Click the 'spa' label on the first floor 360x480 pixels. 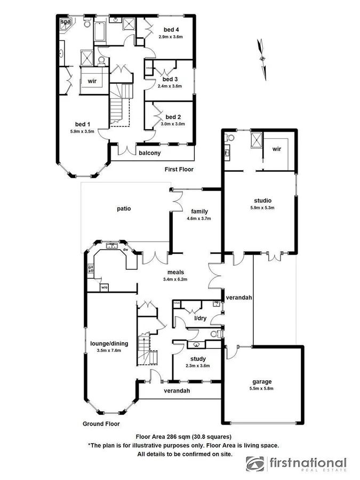[65, 21]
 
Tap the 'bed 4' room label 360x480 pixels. [171, 30]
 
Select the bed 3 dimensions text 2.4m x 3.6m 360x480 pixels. [170, 85]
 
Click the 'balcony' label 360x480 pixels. [150, 153]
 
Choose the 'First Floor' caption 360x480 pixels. [179, 169]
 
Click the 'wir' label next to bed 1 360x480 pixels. [92, 81]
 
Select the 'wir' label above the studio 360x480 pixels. [276, 149]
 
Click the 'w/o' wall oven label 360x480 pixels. [104, 289]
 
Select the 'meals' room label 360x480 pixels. [175, 271]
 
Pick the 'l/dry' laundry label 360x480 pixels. [200, 318]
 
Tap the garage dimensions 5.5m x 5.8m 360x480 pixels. [262, 389]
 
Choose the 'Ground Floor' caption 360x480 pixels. [101, 424]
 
